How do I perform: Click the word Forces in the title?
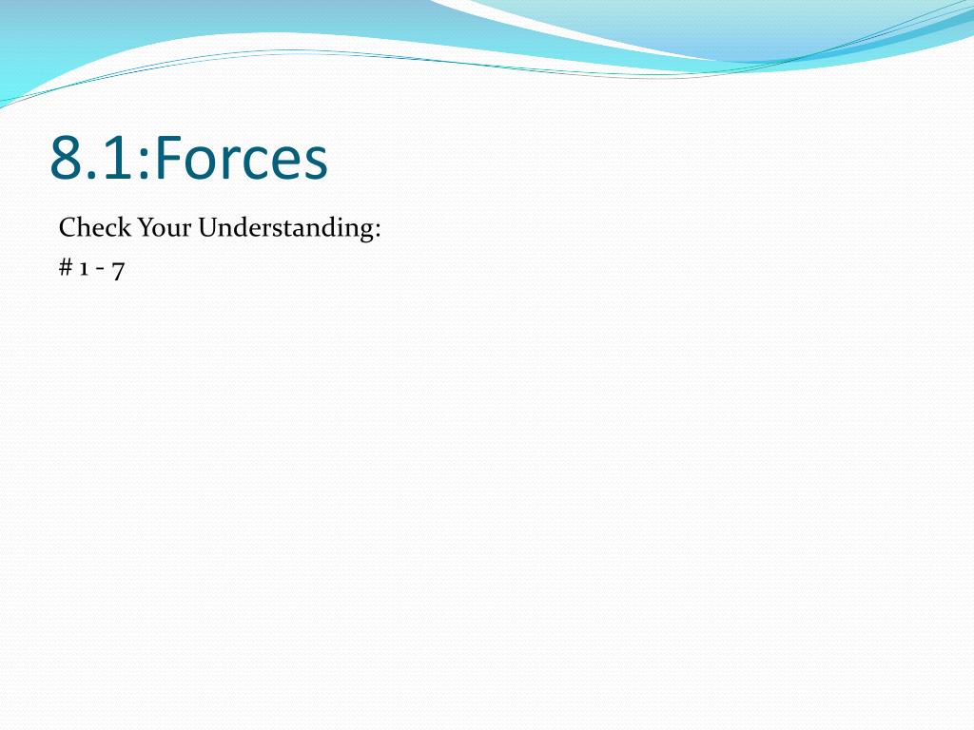point(242,158)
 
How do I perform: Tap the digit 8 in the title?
point(66,158)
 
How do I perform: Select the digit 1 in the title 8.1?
point(115,158)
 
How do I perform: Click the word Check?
point(95,227)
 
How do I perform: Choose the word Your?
point(165,228)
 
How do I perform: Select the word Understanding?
point(285,228)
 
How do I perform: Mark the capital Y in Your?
point(146,228)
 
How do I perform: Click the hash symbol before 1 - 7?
point(66,267)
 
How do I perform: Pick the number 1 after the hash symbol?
point(84,269)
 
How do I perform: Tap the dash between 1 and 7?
point(100,269)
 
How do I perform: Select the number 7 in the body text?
point(118,271)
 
